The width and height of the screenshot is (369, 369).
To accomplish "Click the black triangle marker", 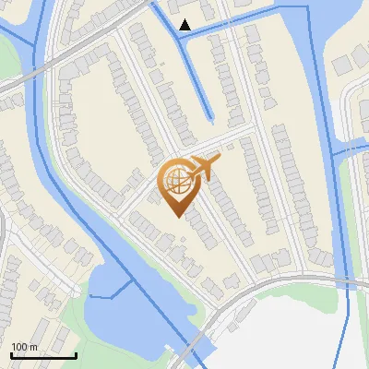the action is coord(185,25).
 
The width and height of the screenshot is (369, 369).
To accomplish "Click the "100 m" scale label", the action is coord(25,347).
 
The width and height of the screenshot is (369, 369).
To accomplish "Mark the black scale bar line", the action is coord(43,355).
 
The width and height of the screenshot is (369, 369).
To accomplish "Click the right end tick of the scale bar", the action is coord(76,353).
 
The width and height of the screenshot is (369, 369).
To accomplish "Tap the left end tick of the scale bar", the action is coord(11,353).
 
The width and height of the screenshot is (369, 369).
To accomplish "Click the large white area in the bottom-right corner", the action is coord(295,332).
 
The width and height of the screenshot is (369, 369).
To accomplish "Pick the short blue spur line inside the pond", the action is coord(109,293).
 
